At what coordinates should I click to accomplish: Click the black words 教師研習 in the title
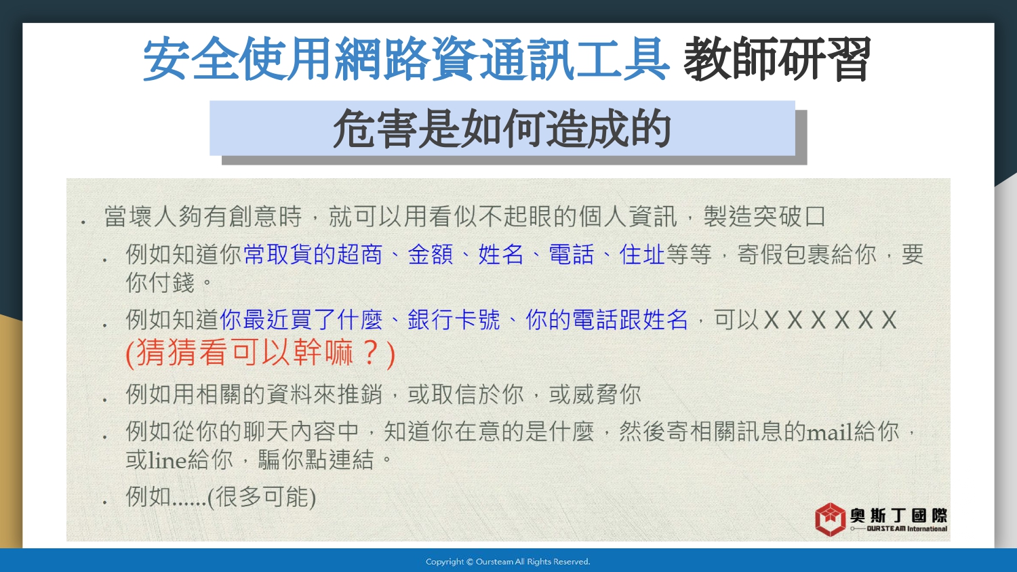tap(777, 60)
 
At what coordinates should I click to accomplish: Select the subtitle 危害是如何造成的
tap(502, 129)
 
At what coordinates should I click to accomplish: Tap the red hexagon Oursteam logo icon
tap(830, 519)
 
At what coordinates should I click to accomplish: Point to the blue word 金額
tap(431, 254)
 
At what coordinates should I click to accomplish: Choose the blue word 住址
tap(642, 254)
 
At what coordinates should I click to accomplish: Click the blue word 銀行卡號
tap(454, 320)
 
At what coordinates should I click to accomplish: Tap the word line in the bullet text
tap(167, 460)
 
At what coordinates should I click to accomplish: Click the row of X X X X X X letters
tap(830, 320)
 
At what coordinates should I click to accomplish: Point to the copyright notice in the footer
tap(508, 562)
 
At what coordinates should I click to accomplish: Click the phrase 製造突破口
tap(765, 216)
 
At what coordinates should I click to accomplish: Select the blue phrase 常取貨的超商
tap(313, 254)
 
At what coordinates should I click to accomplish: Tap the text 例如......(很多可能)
tap(220, 497)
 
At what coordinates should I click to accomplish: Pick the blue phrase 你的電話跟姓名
tap(607, 320)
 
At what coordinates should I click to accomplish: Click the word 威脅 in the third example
tap(595, 394)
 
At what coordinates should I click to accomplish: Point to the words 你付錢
tap(160, 283)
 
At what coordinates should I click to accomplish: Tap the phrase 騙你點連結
tap(316, 460)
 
